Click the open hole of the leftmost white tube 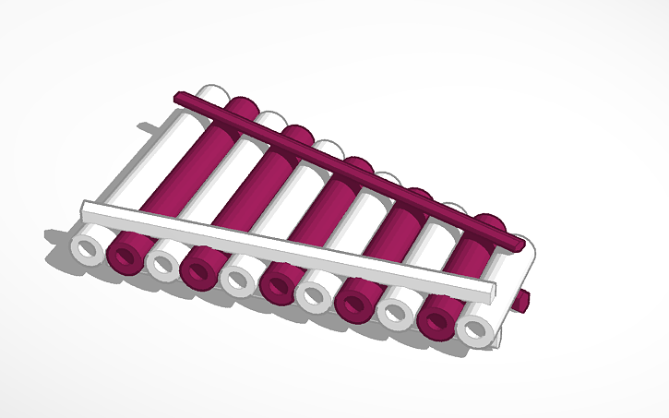coord(90,249)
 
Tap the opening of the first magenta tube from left coord(125,256)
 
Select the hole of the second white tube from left coord(162,263)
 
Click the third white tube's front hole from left coord(237,279)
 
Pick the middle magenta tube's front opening coord(275,286)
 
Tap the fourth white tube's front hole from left coord(315,295)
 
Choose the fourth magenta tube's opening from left coord(354,303)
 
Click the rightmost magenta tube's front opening coord(436,320)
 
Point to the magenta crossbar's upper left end coord(179,96)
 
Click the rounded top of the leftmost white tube coord(214,92)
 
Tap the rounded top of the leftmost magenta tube coord(243,104)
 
